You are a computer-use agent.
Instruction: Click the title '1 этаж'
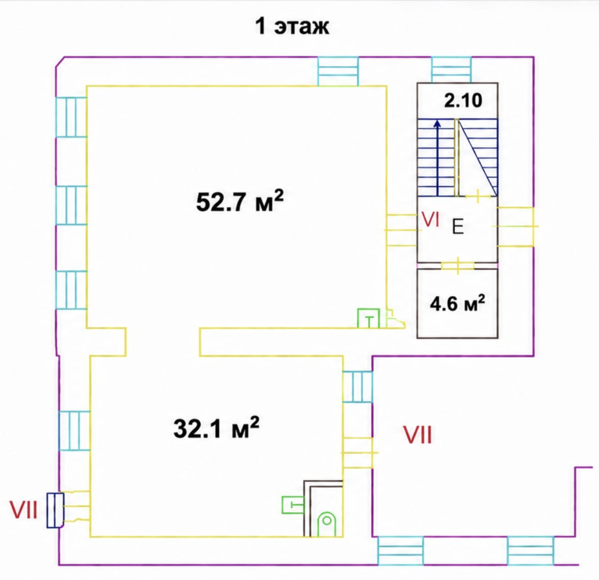[x=292, y=26]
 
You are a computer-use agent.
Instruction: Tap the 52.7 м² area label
[x=240, y=201]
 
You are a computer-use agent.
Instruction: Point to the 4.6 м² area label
[x=458, y=303]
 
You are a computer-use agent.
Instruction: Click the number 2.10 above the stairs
[x=463, y=101]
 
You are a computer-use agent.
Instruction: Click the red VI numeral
[x=430, y=220]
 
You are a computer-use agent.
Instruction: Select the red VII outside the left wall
[x=23, y=510]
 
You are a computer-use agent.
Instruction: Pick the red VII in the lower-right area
[x=418, y=435]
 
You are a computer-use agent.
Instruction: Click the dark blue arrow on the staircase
[x=437, y=158]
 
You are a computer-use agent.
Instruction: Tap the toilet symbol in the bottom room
[x=327, y=523]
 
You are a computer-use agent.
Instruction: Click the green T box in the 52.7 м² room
[x=369, y=318]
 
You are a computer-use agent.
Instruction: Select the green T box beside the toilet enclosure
[x=293, y=505]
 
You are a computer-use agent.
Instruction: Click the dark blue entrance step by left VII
[x=56, y=510]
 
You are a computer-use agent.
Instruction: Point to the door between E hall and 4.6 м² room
[x=458, y=266]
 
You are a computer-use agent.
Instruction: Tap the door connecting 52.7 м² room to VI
[x=402, y=230]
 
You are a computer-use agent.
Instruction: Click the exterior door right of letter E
[x=516, y=227]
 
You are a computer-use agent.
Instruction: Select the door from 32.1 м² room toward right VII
[x=358, y=453]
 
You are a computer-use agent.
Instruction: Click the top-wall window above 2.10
[x=452, y=70]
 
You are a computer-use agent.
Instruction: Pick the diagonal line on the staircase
[x=478, y=157]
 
